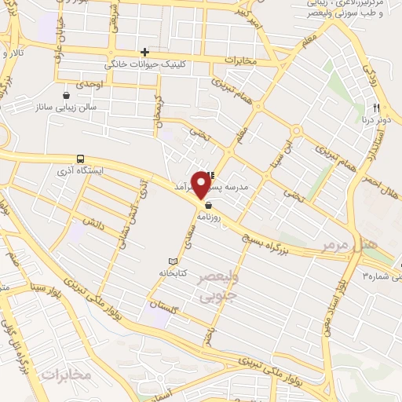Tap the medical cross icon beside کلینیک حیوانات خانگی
144,53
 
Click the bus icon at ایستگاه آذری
81,159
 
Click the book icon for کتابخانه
174,261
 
